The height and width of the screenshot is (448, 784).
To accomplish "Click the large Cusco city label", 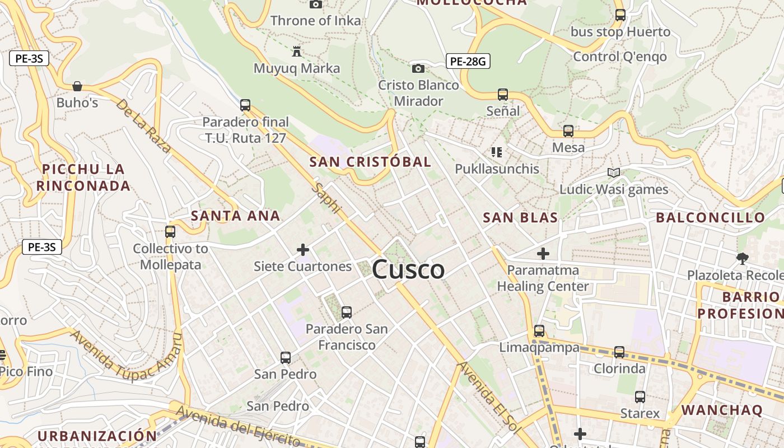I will tap(408, 269).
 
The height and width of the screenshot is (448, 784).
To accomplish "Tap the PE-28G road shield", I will tap(468, 61).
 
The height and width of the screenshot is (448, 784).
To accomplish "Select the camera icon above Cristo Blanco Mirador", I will tap(418, 68).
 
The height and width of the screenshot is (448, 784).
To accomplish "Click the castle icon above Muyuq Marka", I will tap(297, 52).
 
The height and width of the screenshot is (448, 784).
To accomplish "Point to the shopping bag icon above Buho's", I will tap(77, 86).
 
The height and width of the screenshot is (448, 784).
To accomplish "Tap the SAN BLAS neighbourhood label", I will tap(520, 217).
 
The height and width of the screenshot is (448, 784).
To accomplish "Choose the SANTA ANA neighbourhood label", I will tap(235, 216).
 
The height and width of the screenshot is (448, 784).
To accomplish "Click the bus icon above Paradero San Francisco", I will tap(347, 312).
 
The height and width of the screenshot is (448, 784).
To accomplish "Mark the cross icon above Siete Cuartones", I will tap(303, 249).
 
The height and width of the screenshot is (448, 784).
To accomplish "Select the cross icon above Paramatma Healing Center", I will tap(543, 254).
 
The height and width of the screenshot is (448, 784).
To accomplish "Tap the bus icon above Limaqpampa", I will tap(539, 331).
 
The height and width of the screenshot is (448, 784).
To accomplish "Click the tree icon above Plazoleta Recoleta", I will tap(743, 258).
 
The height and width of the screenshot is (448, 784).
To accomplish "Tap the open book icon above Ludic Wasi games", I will tap(614, 172).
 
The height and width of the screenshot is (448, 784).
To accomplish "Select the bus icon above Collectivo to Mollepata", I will tap(170, 231).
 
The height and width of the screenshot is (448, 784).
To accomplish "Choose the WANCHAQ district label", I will tap(722, 410).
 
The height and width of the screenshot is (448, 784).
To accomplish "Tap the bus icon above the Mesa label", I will tap(568, 131).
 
